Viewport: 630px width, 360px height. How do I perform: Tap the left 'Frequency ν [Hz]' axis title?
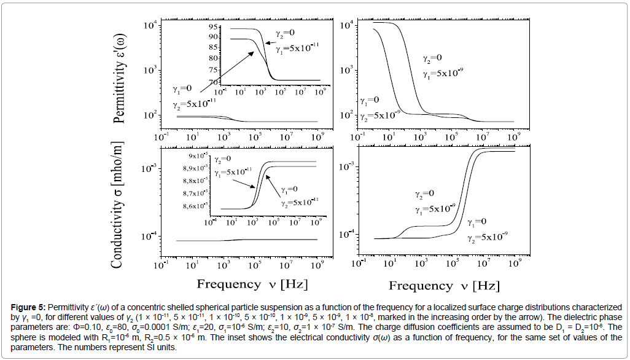click(252, 284)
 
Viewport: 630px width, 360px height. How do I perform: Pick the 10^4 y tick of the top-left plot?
click(150, 25)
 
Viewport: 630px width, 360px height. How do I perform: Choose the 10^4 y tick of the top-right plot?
click(345, 25)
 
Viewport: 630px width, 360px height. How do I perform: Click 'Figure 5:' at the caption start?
click(28, 306)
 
